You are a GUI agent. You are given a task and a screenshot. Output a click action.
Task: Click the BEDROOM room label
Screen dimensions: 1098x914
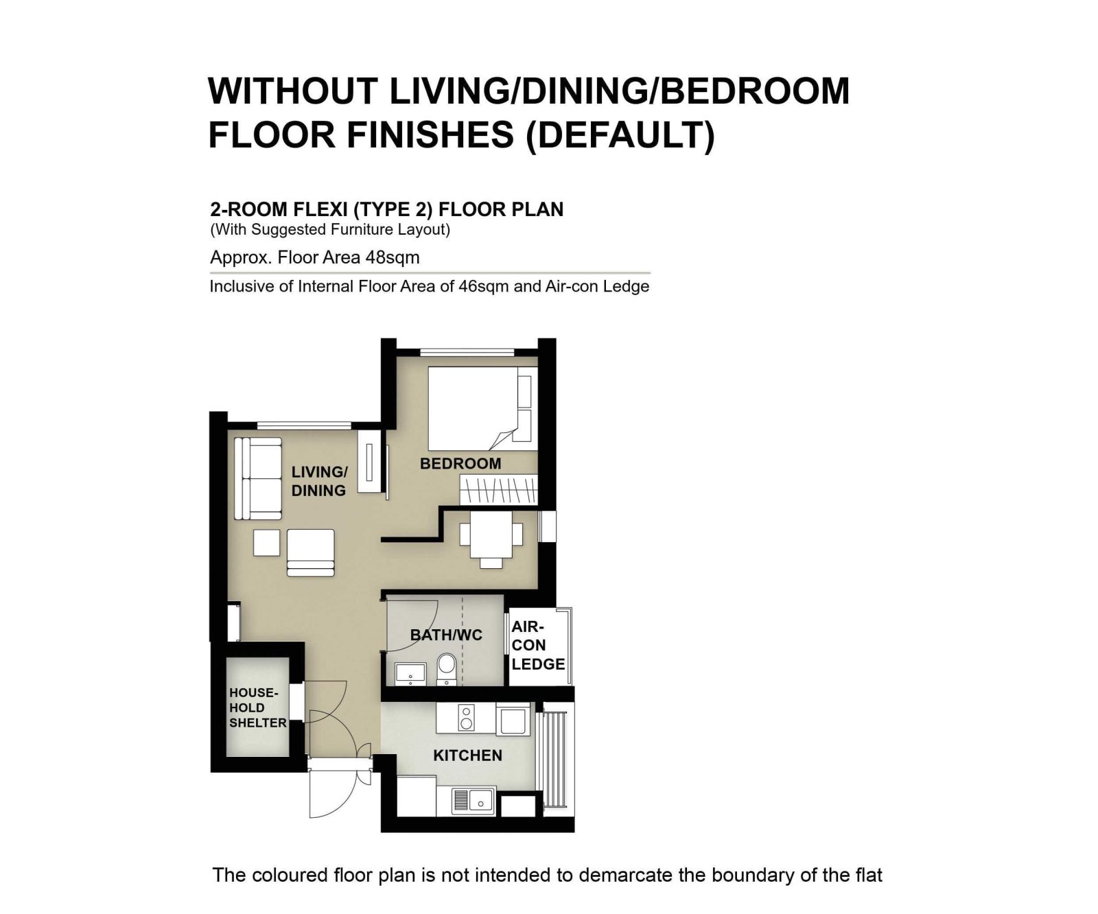[x=460, y=464]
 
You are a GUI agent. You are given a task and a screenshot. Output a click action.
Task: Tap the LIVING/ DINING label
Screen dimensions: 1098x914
[x=319, y=481]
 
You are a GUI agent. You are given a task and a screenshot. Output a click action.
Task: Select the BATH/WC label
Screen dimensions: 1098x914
[x=446, y=635]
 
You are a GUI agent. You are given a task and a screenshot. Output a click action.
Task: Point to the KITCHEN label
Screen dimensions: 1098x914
[x=468, y=755]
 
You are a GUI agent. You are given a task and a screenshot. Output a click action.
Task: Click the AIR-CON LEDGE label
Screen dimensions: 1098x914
[x=538, y=645]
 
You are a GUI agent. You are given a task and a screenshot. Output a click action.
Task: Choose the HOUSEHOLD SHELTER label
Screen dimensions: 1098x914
[x=258, y=707]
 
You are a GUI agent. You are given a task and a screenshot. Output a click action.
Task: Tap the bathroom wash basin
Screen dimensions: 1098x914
[x=410, y=674]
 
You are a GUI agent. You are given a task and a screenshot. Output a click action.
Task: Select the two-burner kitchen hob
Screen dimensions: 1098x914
[x=466, y=717]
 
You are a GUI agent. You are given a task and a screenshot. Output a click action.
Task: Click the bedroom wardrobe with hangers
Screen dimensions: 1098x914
[x=498, y=491]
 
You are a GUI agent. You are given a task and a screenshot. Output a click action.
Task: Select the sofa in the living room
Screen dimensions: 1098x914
[x=258, y=478]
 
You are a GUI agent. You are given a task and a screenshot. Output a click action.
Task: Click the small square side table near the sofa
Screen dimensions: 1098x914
[x=266, y=542]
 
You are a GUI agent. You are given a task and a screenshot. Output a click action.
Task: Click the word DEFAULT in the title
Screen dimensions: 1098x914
[x=620, y=134]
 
